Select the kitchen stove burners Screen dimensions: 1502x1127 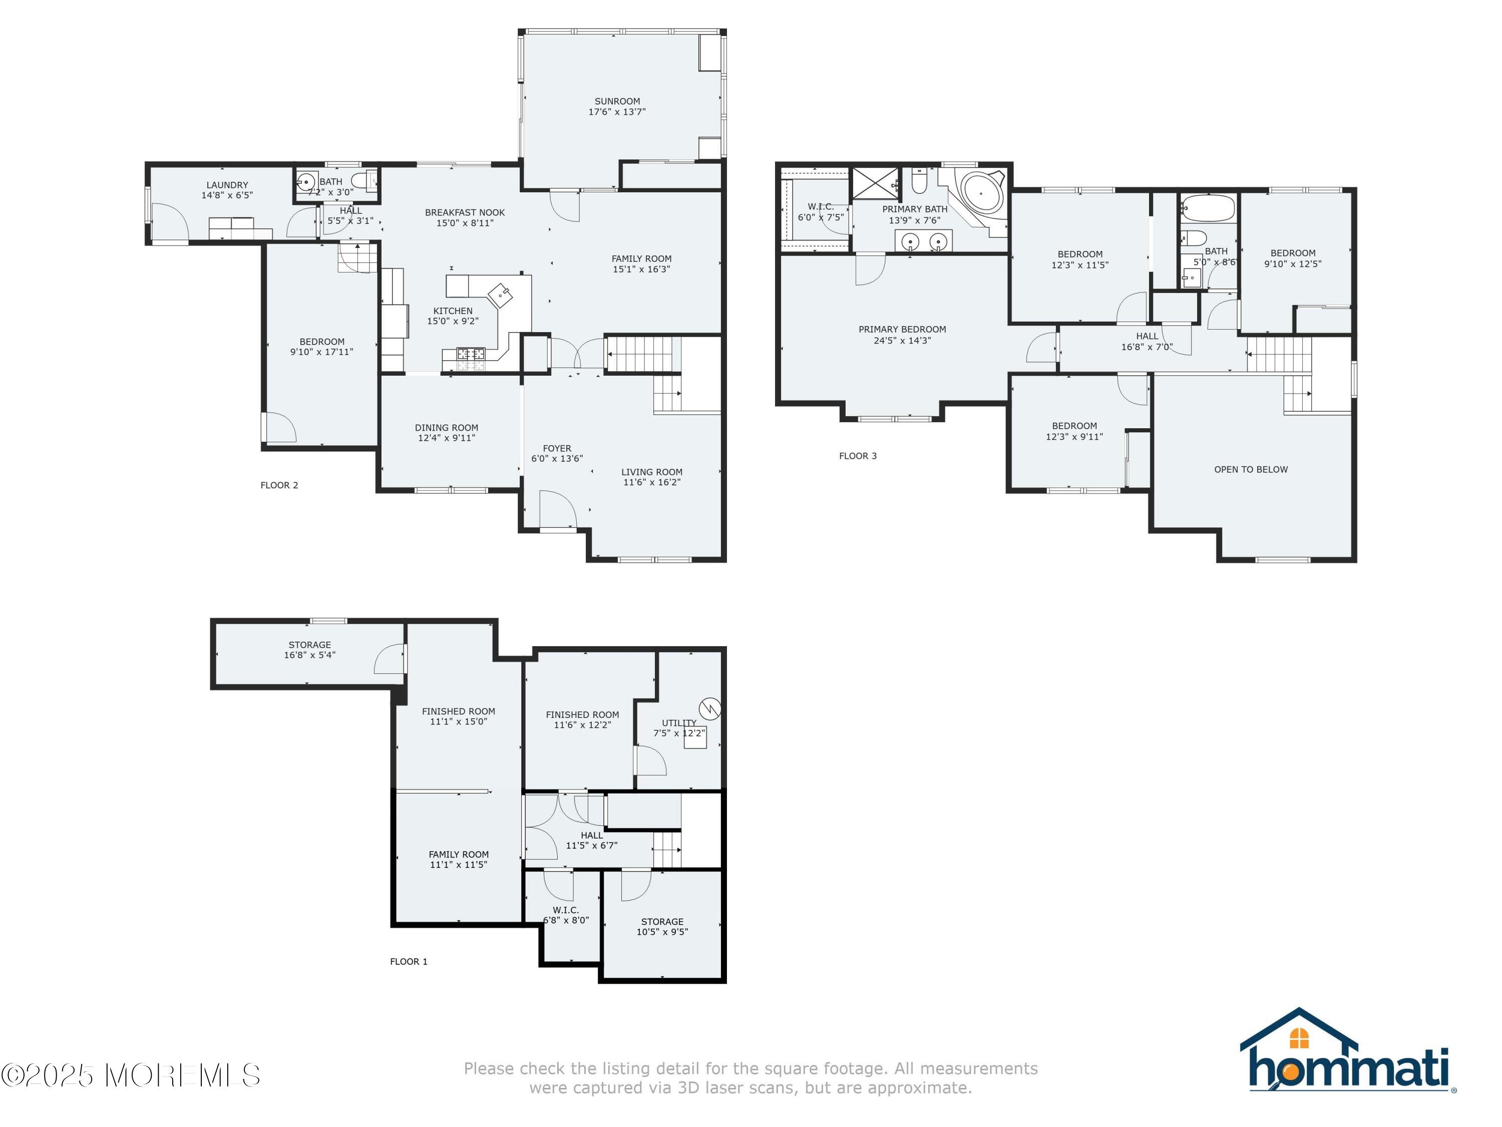coord(471,353)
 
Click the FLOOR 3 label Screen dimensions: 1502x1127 coord(858,456)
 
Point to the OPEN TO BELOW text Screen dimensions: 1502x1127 coord(1251,469)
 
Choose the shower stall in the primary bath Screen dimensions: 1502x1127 coord(875,183)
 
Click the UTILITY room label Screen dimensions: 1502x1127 coord(679,723)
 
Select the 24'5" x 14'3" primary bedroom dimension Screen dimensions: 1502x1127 coord(902,340)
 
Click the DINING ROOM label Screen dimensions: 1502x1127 coord(446,428)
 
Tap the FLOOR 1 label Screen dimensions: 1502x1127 coord(409,961)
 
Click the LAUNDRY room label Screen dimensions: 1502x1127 coord(227,185)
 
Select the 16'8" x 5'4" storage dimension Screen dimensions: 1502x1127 coord(309,655)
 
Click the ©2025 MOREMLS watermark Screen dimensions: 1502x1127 coord(130,1075)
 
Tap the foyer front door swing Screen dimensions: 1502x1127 coord(558,509)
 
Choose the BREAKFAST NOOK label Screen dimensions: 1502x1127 coord(465,213)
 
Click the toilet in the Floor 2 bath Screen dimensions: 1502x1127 coord(360,181)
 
